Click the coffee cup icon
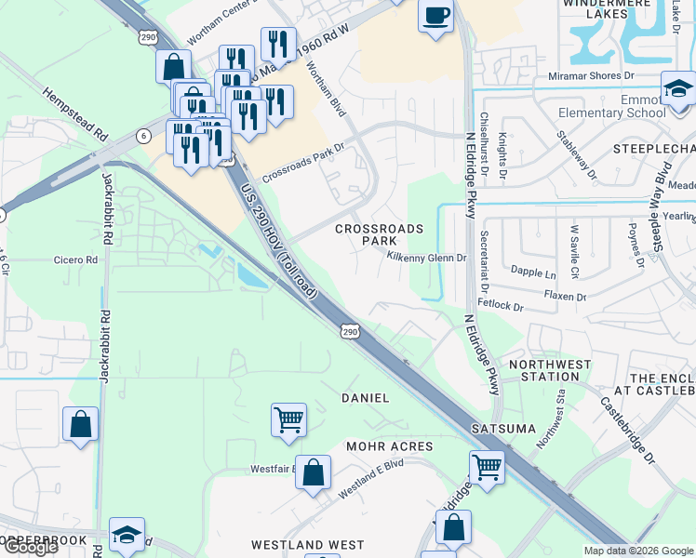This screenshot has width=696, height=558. tap(435, 16)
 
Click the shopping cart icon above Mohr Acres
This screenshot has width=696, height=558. tap(288, 419)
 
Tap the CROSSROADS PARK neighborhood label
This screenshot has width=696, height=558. tap(379, 234)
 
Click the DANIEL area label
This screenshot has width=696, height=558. tap(365, 397)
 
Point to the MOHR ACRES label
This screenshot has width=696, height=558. tap(390, 446)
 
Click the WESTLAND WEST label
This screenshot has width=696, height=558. tap(308, 544)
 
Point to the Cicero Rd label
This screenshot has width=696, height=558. tap(75, 260)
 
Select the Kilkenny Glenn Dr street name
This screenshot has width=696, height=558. tap(426, 256)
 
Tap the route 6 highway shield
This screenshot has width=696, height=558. tap(143, 136)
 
